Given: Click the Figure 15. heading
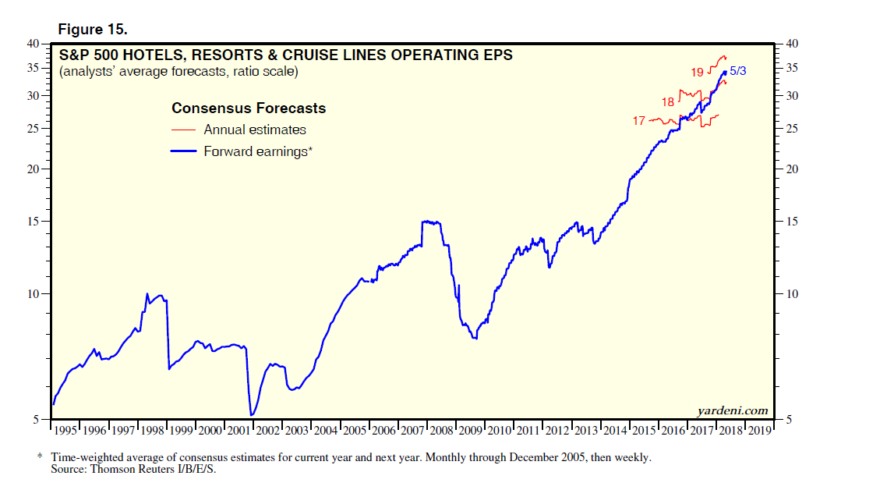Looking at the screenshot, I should (92, 30).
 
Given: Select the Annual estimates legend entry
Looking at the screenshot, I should (254, 130).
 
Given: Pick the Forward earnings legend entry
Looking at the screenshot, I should (257, 151).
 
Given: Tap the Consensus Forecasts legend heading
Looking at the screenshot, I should (249, 108).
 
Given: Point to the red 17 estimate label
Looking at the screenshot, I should (639, 121).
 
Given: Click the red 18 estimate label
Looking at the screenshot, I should (668, 102).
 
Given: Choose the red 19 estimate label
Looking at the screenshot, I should (697, 73).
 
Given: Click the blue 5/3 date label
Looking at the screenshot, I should (738, 71).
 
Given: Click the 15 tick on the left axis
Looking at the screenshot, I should (35, 222).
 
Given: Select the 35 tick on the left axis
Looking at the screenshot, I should (35, 68).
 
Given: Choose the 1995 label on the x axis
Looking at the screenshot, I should (65, 430).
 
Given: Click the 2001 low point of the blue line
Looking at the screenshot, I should (251, 414).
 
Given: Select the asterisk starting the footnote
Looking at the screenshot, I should (41, 457).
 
